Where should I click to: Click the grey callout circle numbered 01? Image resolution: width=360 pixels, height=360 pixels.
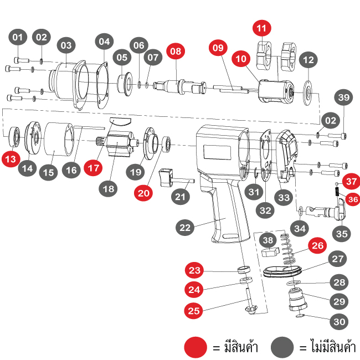pos(18,38)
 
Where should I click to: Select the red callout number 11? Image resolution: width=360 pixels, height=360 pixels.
pos(262,28)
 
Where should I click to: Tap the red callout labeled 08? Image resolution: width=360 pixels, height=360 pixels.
pos(176,51)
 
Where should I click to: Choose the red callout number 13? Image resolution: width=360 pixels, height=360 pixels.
pos(11,159)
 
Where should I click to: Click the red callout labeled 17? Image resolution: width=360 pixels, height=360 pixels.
pos(94,166)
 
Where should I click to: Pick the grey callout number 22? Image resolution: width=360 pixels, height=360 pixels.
pos(185,227)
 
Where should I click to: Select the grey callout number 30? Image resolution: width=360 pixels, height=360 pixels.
pos(340,321)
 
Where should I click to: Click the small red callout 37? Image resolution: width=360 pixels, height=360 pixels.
pos(351,182)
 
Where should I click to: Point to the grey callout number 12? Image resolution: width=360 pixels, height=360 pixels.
pos(309,59)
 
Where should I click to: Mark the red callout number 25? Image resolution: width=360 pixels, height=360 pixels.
pos(194,311)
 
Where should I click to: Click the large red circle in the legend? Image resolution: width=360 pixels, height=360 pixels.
pos(196,347)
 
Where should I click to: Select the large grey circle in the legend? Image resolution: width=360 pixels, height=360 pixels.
pos(282,347)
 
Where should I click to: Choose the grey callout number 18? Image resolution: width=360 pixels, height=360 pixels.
pos(108,188)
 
